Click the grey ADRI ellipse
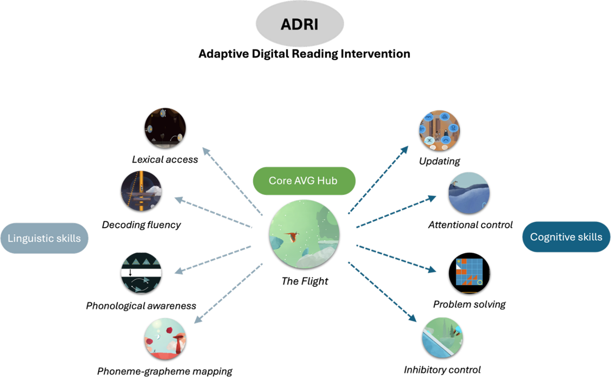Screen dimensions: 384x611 coord(300,24)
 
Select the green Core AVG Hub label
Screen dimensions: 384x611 coord(304,181)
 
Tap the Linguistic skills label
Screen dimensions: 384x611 coord(45,238)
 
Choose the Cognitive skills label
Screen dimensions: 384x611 coord(566,237)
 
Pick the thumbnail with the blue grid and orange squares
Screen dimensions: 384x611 coord(470,273)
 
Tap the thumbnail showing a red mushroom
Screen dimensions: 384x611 coord(165,338)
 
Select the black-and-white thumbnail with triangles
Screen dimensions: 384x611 coord(142,273)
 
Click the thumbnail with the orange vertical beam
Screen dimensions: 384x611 coord(142,191)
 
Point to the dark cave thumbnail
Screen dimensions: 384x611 coord(165,128)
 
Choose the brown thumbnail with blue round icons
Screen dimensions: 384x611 coord(439,130)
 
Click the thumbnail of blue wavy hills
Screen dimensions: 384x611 coord(469,193)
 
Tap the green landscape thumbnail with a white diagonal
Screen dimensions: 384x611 coord(443,337)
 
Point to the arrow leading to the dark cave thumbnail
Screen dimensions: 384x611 coord(232,181)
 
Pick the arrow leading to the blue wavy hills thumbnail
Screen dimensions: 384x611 coord(395,212)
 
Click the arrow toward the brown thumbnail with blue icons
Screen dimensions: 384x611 coord(378,180)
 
